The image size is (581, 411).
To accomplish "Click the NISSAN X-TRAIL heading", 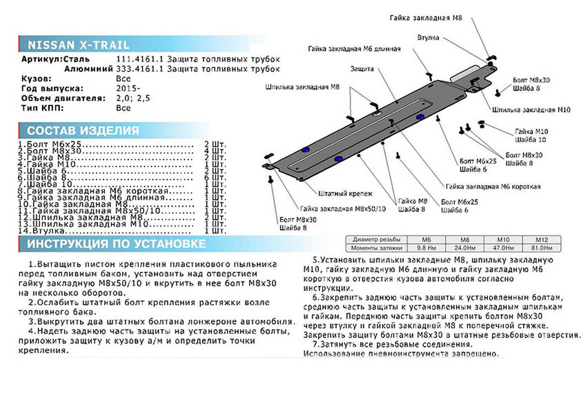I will pyautogui.click(x=78, y=45).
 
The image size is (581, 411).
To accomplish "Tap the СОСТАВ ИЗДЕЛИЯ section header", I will pyautogui.click(x=83, y=131).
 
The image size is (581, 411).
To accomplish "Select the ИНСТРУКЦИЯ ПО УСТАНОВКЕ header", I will pyautogui.click(x=116, y=244).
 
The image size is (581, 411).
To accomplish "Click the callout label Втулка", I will pyautogui.click(x=428, y=38).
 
